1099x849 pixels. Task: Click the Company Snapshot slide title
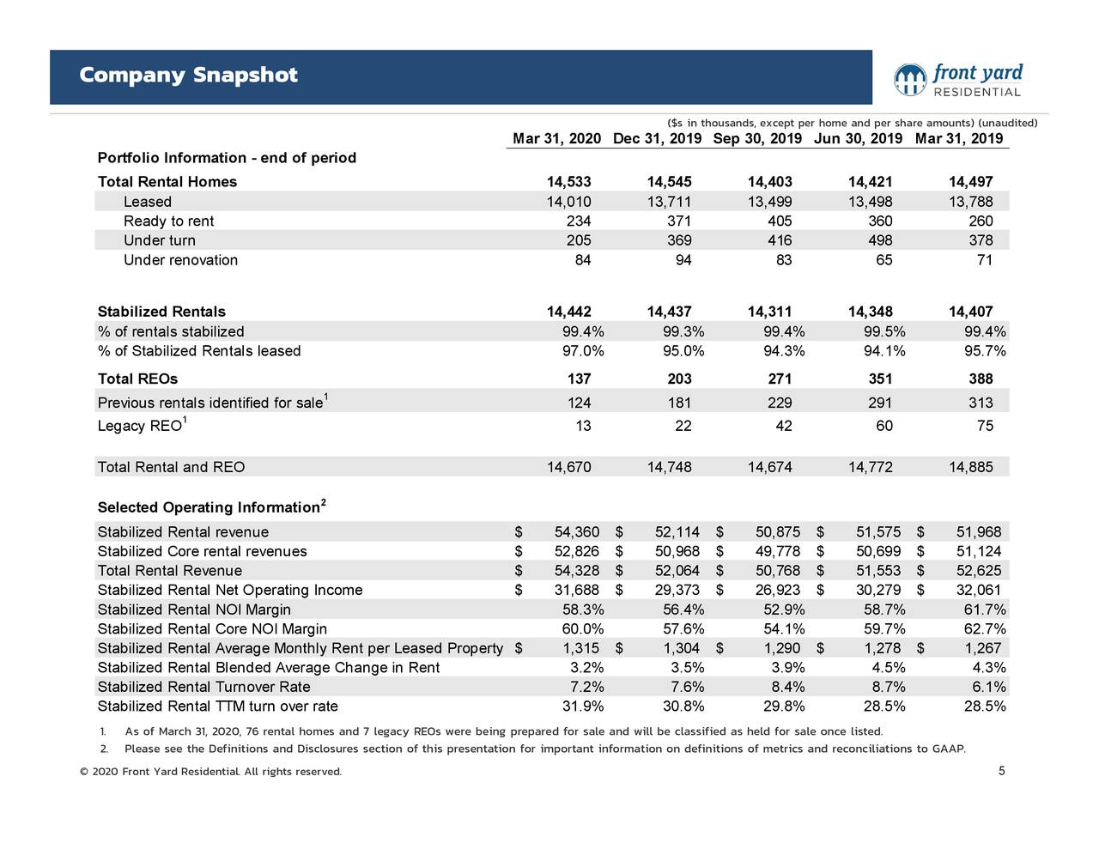[188, 76]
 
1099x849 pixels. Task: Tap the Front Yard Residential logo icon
[910, 80]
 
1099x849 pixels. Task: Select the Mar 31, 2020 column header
[556, 139]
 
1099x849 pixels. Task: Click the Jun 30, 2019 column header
[858, 139]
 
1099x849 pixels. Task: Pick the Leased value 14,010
[568, 202]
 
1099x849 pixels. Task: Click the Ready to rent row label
[168, 221]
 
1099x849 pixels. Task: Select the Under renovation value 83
[783, 260]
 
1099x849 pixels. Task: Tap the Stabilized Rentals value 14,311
[769, 312]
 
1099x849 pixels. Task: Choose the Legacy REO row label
[140, 426]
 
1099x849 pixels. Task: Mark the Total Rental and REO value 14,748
[669, 467]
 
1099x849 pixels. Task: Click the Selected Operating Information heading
[209, 507]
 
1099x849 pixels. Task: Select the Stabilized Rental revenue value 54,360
[577, 532]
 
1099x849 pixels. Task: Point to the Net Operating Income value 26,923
[778, 590]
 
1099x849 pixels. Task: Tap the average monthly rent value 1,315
[581, 648]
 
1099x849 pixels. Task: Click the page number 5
[1001, 771]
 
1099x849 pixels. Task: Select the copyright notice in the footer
[210, 772]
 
